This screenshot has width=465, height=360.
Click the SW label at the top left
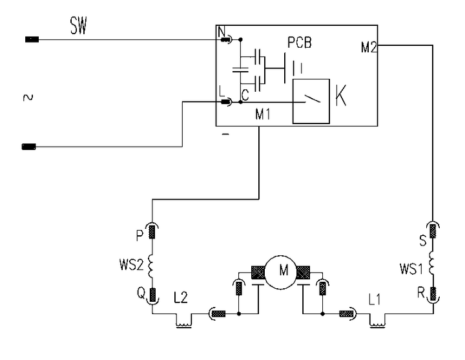click(x=79, y=25)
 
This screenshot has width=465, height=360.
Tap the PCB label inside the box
click(x=300, y=43)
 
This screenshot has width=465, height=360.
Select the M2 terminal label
click(x=369, y=47)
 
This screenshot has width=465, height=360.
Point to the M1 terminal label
click(x=263, y=114)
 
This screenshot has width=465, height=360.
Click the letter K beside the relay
click(x=341, y=95)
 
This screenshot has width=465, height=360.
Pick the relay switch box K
click(x=311, y=101)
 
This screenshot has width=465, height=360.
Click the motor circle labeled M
click(x=280, y=272)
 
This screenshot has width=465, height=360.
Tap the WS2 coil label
click(x=131, y=265)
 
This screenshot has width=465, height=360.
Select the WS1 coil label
click(x=411, y=269)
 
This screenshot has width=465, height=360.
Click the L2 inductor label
click(x=181, y=297)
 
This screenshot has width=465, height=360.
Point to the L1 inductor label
click(x=374, y=300)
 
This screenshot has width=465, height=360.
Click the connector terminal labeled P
click(x=152, y=232)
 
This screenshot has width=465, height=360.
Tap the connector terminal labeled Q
click(x=152, y=295)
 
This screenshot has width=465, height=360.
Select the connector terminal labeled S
click(x=433, y=231)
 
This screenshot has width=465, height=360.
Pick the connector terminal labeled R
click(x=433, y=294)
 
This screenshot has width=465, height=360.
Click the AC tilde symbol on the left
click(x=28, y=98)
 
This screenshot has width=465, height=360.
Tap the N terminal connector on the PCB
click(x=226, y=39)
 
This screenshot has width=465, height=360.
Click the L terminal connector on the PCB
click(x=226, y=102)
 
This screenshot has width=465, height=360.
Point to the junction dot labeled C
click(x=240, y=102)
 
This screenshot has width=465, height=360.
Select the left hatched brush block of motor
click(x=258, y=272)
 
